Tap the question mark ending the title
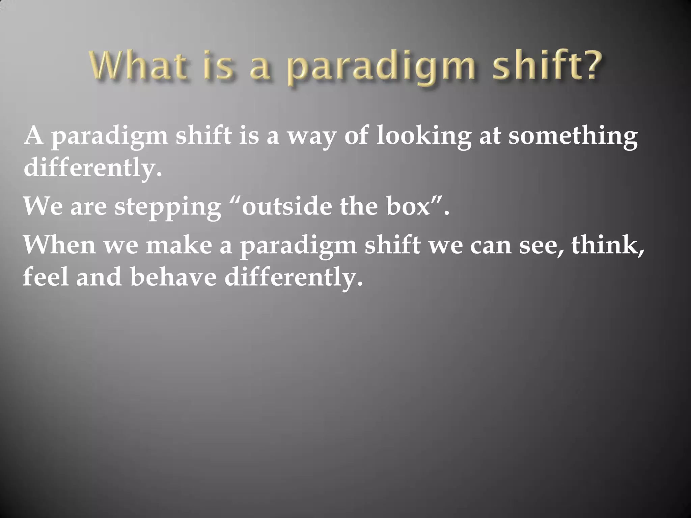[587, 64]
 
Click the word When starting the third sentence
[59, 244]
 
